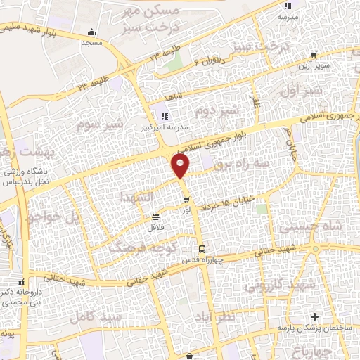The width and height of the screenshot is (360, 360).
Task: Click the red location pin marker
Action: pyautogui.click(x=181, y=166)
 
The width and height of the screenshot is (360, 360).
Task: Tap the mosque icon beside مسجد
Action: pyautogui.click(x=92, y=32)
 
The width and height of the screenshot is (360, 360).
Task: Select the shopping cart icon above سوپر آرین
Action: pyautogui.click(x=312, y=53)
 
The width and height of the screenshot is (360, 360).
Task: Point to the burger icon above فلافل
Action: pyautogui.click(x=155, y=216)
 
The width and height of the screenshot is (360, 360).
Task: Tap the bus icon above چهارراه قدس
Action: pyautogui.click(x=202, y=249)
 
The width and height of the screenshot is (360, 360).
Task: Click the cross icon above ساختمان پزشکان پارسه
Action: pyautogui.click(x=314, y=316)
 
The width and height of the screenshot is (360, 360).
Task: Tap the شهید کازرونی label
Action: pyautogui.click(x=270, y=285)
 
